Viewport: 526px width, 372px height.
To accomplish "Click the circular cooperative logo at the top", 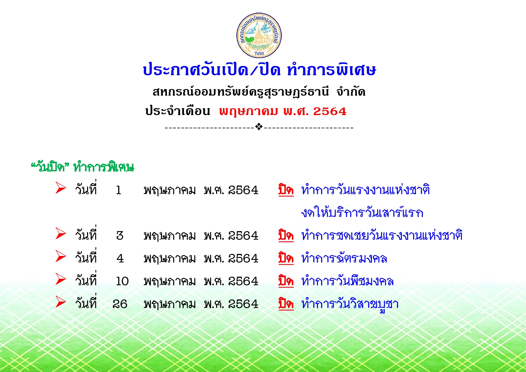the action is pyautogui.click(x=259, y=35).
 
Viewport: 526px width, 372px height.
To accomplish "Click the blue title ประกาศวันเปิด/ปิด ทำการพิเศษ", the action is pyautogui.click(x=259, y=70).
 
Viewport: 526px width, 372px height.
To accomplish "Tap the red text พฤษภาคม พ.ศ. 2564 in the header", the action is pyautogui.click(x=283, y=112).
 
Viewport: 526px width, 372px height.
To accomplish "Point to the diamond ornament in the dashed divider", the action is pyautogui.click(x=259, y=127).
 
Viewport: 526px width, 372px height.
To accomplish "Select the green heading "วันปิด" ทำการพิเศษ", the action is pyautogui.click(x=82, y=167).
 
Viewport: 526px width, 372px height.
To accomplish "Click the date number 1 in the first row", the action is pyautogui.click(x=119, y=190).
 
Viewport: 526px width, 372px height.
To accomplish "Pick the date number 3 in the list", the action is pyautogui.click(x=120, y=236).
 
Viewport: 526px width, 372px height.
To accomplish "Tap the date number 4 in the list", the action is pyautogui.click(x=120, y=258).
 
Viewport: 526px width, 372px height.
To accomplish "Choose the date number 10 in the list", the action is pyautogui.click(x=122, y=281).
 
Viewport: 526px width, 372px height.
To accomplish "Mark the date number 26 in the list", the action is pyautogui.click(x=120, y=304).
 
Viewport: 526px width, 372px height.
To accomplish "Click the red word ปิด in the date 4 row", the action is pyautogui.click(x=286, y=258).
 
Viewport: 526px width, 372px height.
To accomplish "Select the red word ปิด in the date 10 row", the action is pyautogui.click(x=286, y=281).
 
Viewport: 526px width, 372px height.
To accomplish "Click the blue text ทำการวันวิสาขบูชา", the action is pyautogui.click(x=350, y=304).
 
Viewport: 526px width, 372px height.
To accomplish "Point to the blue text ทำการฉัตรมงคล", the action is pyautogui.click(x=344, y=258).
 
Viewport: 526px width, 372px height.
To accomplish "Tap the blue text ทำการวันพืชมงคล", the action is pyautogui.click(x=347, y=281).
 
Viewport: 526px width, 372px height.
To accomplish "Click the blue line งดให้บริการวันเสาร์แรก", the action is pyautogui.click(x=362, y=212).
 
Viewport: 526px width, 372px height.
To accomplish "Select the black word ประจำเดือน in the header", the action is pyautogui.click(x=177, y=111).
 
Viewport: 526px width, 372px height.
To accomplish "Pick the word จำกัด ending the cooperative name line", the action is pyautogui.click(x=351, y=91).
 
